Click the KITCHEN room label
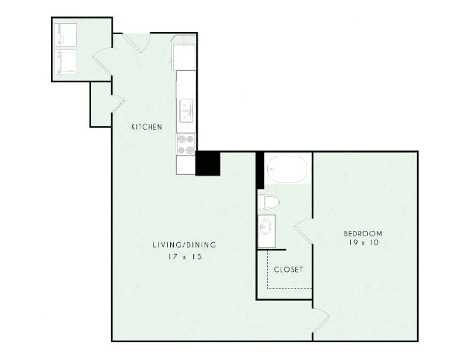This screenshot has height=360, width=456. coord(147,127)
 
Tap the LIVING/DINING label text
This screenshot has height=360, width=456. coord(184,244)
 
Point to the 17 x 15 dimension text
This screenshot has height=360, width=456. coord(185,257)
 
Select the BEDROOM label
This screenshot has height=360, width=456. coord(363,233)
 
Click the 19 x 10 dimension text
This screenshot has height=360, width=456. coord(363,242)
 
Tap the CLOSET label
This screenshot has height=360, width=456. coord(288,270)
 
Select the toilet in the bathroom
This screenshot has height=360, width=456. coord(269,201)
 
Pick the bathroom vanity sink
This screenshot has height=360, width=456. coord(266,231)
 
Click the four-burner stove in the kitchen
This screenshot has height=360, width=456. coord(186,144)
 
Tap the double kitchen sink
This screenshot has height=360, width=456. coord(186,110)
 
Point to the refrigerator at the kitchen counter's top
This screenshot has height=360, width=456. coord(184,53)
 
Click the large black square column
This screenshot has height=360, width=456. coord(207,163)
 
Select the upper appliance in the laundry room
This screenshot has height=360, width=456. coord(65,35)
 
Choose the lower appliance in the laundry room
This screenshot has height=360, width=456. coord(65,61)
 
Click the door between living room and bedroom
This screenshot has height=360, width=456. coord(321,320)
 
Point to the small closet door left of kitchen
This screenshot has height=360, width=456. coord(118,103)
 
